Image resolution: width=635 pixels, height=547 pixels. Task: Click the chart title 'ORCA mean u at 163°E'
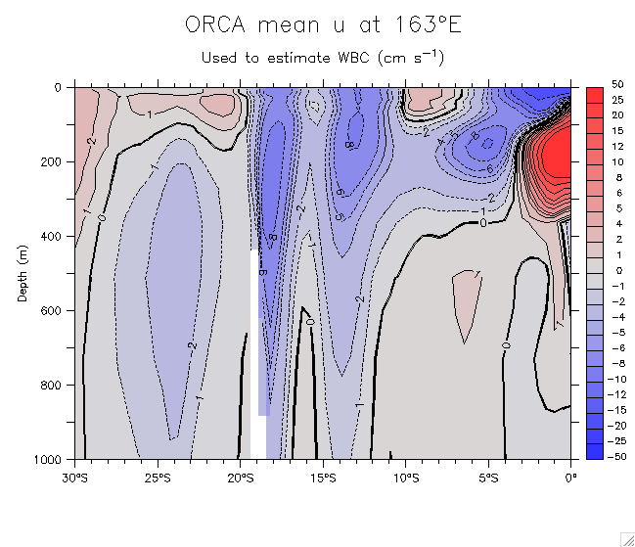coord(323,25)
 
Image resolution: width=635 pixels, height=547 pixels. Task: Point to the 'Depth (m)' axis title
coord(22,273)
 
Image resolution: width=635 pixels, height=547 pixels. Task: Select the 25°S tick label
coord(158,478)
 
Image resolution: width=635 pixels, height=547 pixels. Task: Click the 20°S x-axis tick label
coord(240,478)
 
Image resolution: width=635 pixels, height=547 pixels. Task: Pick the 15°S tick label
coord(323,478)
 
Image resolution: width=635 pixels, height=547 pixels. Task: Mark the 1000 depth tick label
coord(48,459)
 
